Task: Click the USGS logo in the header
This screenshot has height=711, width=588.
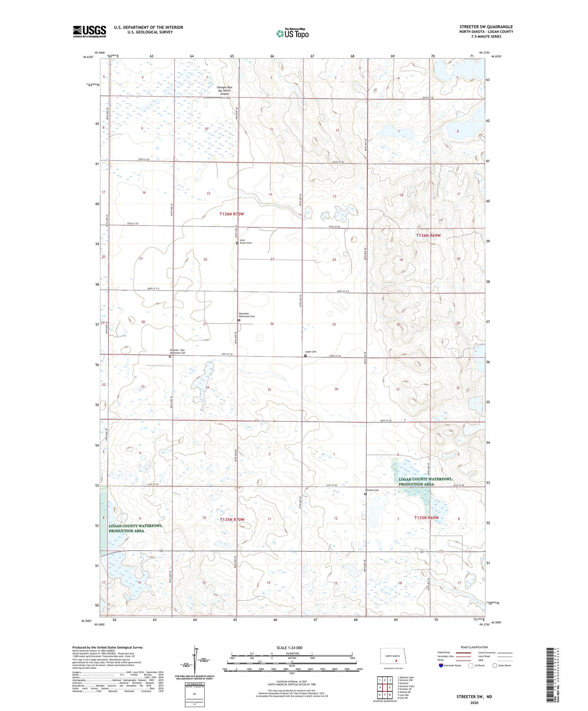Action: point(89,31)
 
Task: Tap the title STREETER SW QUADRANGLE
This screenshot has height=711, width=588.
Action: point(486,27)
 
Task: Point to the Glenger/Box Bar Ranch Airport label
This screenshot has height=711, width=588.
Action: point(224,91)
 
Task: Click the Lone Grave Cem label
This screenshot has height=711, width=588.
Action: point(245,242)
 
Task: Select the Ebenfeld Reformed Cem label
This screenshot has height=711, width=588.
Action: point(247,315)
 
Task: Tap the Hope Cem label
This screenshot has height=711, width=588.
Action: point(310,352)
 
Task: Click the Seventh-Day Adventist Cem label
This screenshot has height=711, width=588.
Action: point(177,351)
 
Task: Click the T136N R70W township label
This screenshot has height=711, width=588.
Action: point(231,214)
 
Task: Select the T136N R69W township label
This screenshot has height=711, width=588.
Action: point(428,235)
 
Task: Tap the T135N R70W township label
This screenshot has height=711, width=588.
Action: point(232,519)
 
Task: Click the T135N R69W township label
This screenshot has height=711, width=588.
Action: point(426,518)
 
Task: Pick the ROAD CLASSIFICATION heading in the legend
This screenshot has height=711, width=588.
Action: point(474,647)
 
